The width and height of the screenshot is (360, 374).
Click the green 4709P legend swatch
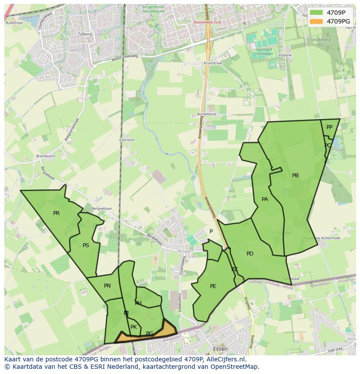pyautogui.click(x=317, y=13)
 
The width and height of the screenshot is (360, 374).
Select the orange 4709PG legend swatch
pyautogui.click(x=317, y=21)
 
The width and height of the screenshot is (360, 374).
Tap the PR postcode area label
pyautogui.click(x=56, y=213)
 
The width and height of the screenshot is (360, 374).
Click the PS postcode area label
pyautogui.click(x=86, y=245)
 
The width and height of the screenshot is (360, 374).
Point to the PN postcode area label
pyautogui.click(x=107, y=286)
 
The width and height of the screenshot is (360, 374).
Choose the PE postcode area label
pyautogui.click(x=213, y=286)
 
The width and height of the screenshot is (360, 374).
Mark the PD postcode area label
pyautogui.click(x=250, y=254)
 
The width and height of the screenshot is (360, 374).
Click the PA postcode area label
pyautogui.click(x=265, y=199)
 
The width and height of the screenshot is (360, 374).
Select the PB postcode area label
pyautogui.click(x=295, y=175)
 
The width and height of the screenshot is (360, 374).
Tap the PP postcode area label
pyautogui.click(x=330, y=127)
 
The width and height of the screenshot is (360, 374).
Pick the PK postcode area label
pyautogui.click(x=133, y=327)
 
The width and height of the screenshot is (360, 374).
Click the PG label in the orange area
pyautogui.click(x=150, y=334)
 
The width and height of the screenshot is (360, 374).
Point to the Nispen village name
pyautogui.click(x=185, y=251)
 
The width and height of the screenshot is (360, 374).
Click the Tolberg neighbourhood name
pyautogui.click(x=84, y=34)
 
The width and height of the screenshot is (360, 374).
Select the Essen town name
pyautogui.click(x=221, y=349)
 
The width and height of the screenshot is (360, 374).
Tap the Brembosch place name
pyautogui.click(x=46, y=156)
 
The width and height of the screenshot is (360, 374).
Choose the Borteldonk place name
pyautogui.click(x=207, y=114)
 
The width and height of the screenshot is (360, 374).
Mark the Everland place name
pyautogui.click(x=127, y=140)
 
